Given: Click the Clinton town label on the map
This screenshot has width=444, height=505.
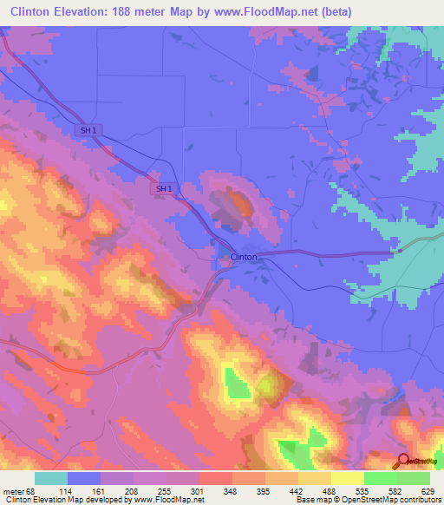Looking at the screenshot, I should pyautogui.click(x=244, y=258).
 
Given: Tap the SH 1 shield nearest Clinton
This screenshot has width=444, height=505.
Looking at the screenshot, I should pyautogui.click(x=161, y=188).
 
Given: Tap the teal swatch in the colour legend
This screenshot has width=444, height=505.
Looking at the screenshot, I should pyautogui.click(x=51, y=478).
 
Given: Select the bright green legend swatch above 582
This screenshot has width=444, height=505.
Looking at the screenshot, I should pyautogui.click(x=381, y=478).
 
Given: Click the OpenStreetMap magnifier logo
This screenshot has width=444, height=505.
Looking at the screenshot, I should pyautogui.click(x=405, y=461).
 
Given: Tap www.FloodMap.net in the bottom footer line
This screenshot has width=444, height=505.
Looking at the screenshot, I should pyautogui.click(x=171, y=499).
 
